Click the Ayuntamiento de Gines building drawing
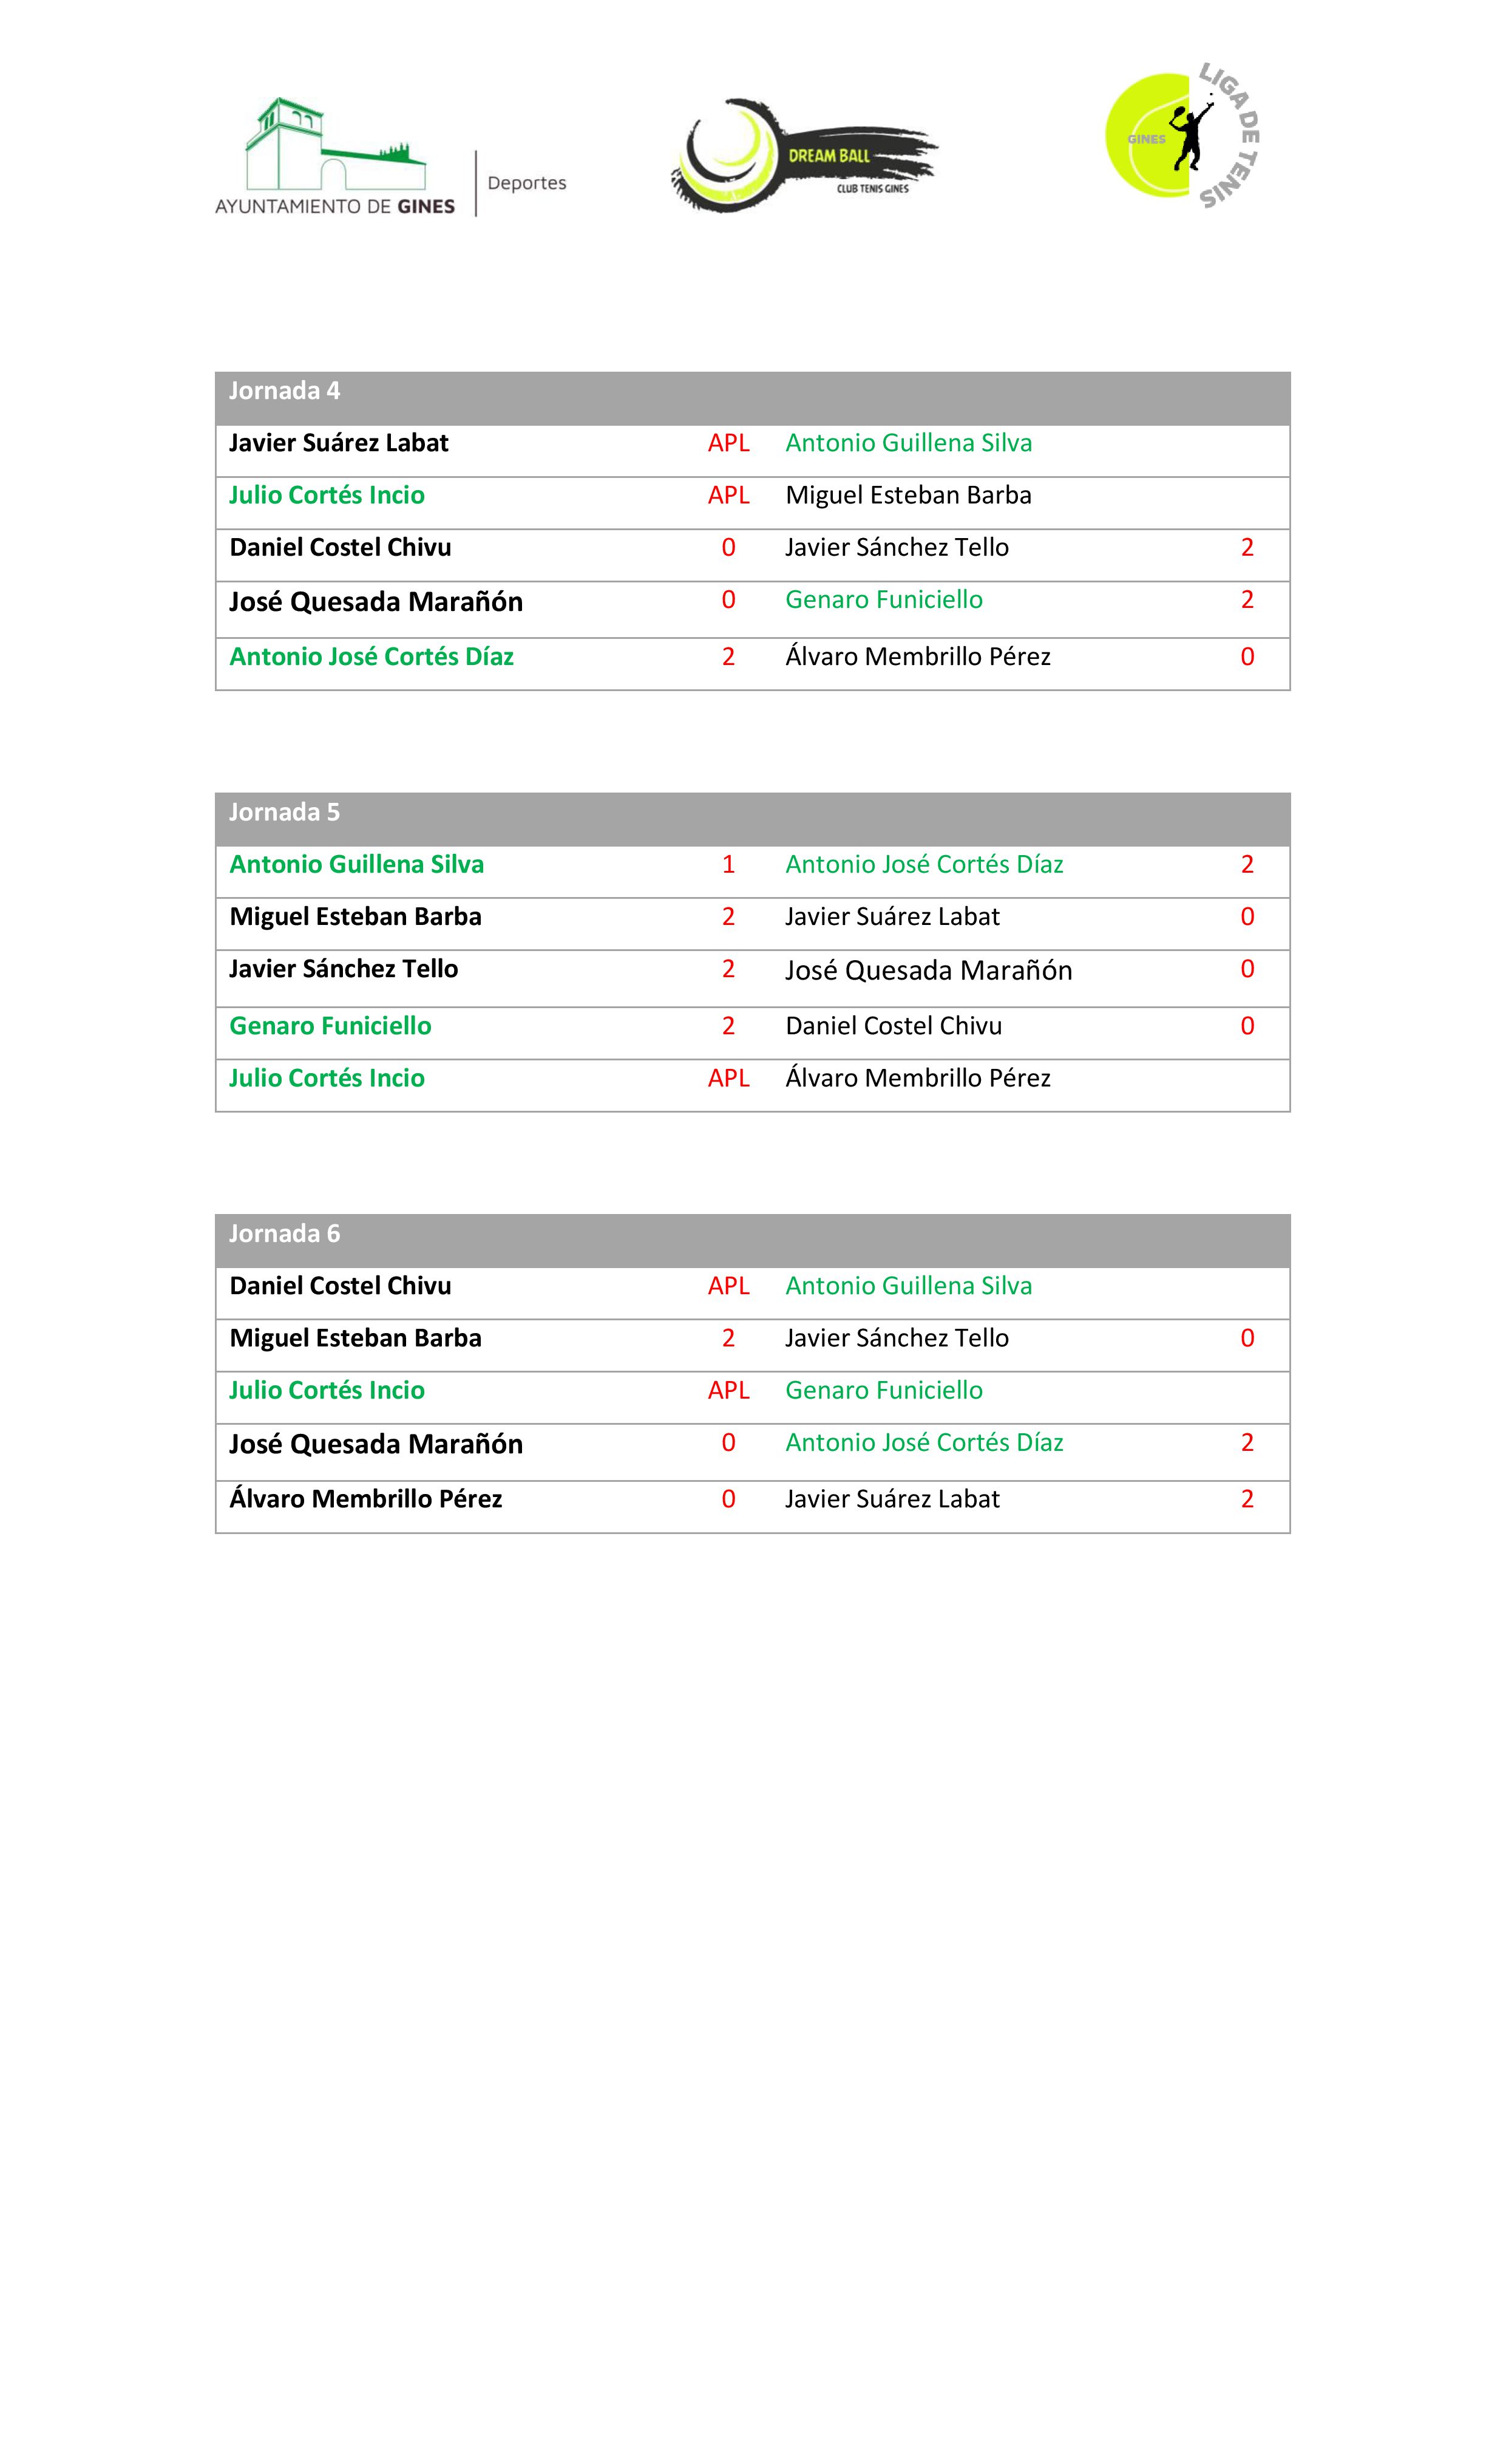point(334,146)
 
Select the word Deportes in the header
point(527,183)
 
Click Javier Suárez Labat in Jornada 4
point(339,443)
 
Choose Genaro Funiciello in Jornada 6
point(883,1391)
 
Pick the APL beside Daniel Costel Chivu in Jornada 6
point(728,1286)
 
